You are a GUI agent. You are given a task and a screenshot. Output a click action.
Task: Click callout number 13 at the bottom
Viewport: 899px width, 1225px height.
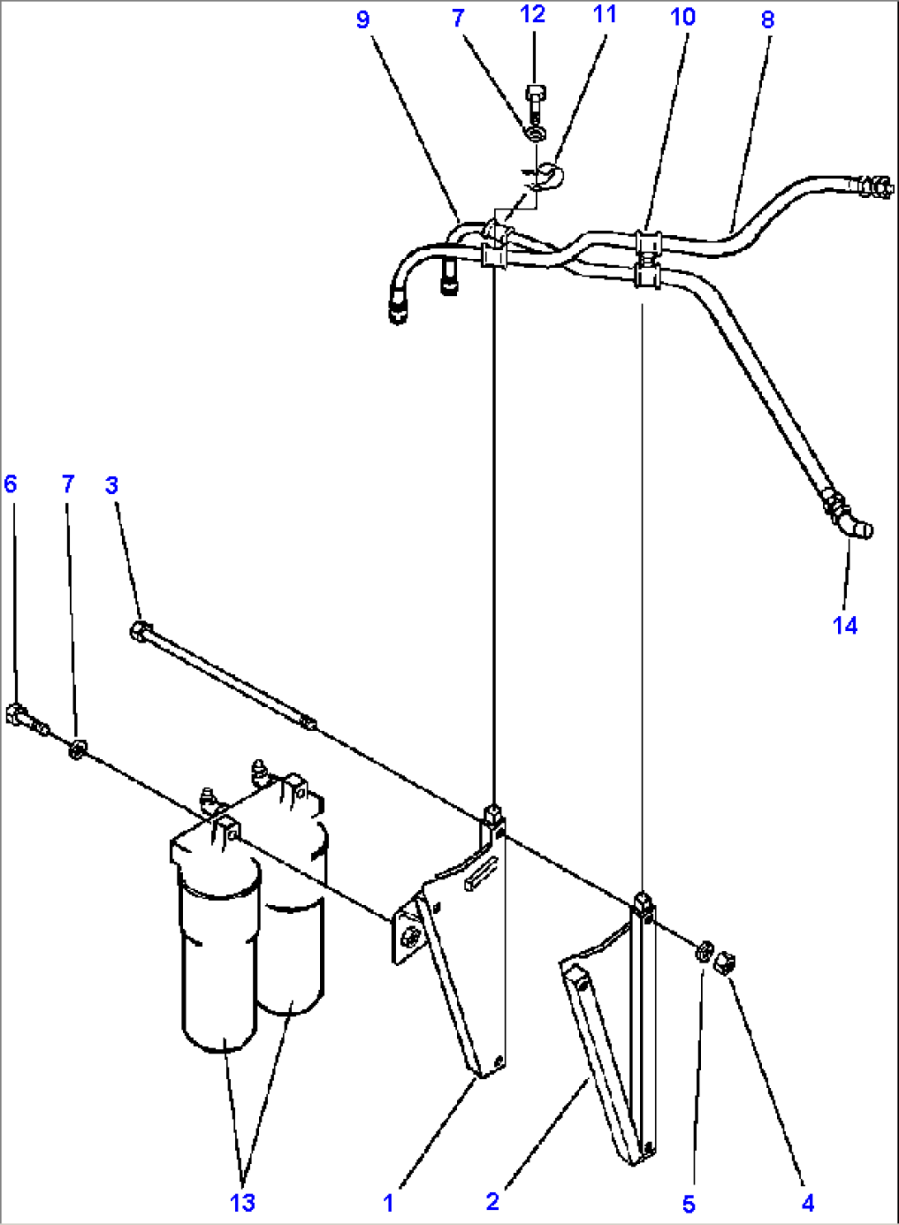(242, 1203)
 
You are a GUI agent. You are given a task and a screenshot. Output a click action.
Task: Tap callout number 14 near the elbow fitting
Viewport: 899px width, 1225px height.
(845, 625)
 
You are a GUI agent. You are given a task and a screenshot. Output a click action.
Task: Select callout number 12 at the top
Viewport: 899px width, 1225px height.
(533, 14)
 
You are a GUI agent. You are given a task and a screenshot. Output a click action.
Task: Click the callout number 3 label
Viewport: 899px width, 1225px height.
(111, 485)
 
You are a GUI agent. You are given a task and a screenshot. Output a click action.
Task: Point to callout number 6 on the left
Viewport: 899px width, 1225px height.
(10, 483)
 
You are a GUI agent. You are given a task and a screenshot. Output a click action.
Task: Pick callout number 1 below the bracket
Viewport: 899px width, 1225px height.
(388, 1203)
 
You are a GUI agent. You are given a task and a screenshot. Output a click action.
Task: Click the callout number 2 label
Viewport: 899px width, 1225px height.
(492, 1201)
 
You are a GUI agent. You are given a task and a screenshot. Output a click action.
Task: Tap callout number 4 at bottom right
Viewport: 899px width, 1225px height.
(807, 1204)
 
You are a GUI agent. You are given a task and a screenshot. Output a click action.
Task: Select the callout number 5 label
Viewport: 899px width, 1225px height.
(689, 1204)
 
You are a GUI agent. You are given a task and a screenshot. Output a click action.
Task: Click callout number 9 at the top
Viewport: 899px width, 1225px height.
(363, 20)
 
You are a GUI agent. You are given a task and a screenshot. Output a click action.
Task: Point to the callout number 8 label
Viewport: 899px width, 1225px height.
(767, 20)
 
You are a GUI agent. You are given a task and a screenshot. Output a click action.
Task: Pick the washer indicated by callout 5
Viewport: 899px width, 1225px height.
(704, 951)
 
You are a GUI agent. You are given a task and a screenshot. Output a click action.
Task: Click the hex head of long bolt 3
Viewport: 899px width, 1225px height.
(138, 631)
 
